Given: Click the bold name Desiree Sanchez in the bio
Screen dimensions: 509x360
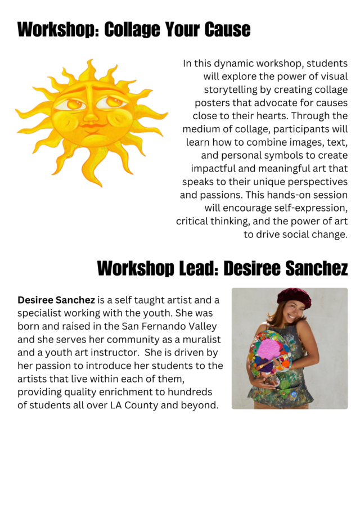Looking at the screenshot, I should coord(56,300).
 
